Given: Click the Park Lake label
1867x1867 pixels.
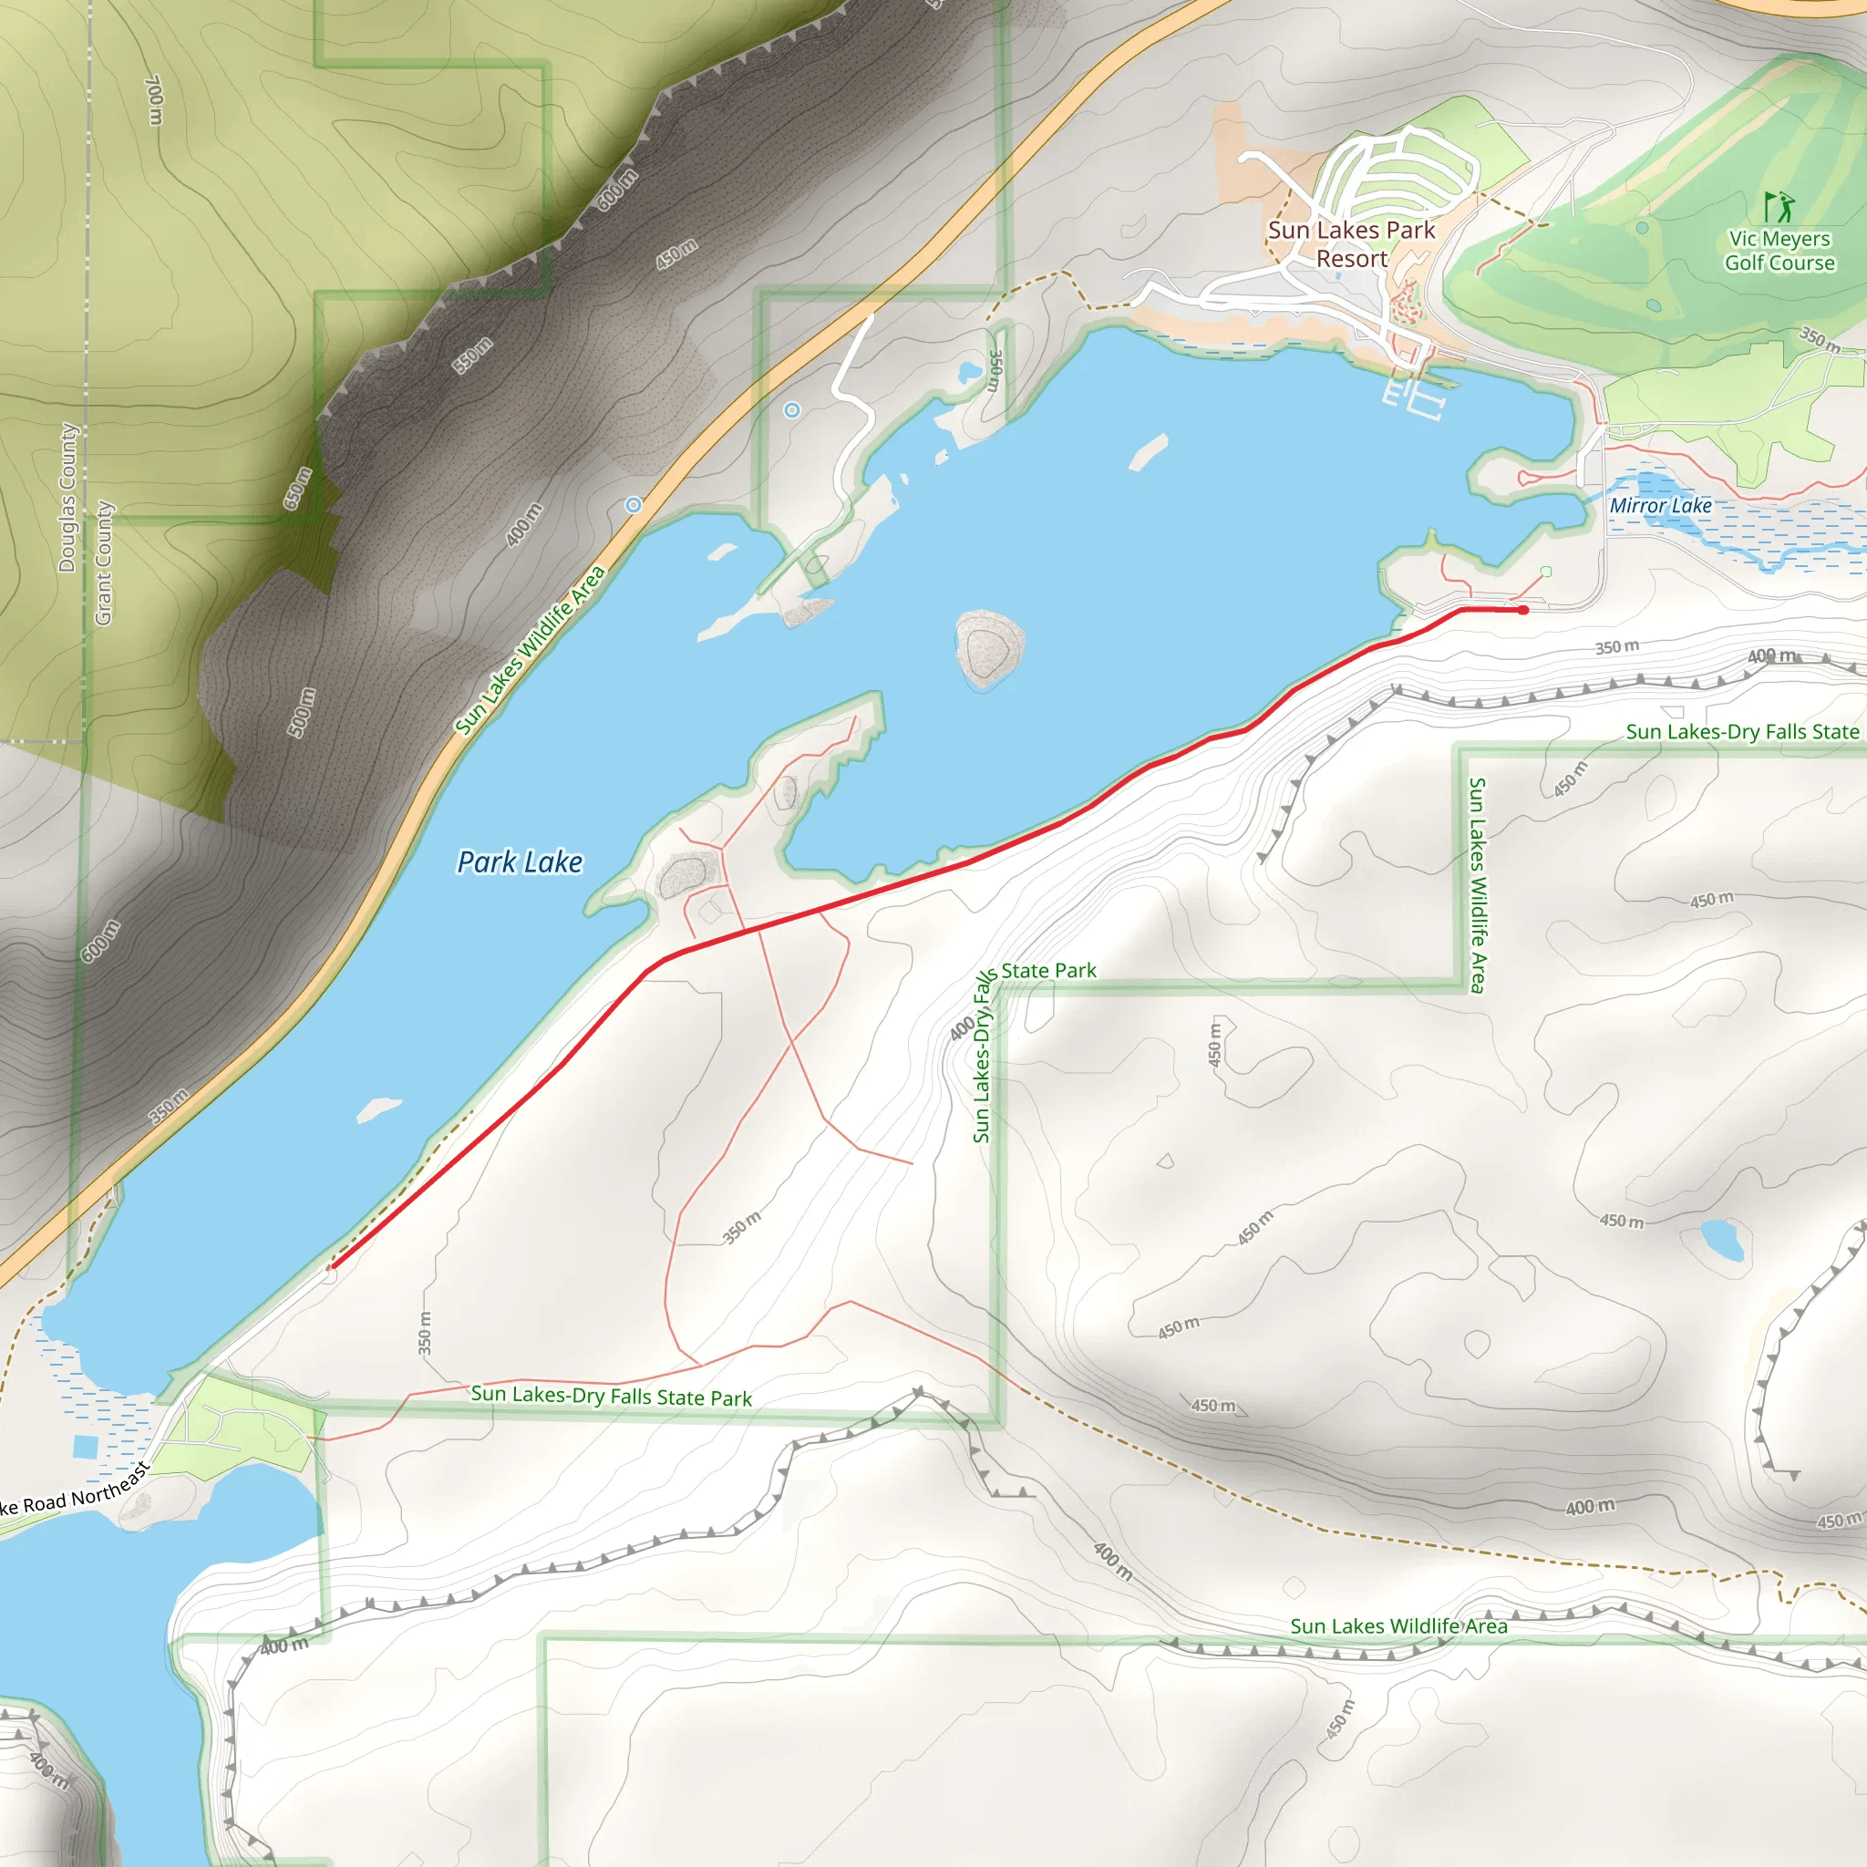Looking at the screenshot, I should coord(520,862).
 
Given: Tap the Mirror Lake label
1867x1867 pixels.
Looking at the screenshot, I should coord(1660,505).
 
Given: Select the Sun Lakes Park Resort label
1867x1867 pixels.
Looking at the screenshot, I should coord(1351,244).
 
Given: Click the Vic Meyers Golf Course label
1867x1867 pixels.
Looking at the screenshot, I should coord(1779,251).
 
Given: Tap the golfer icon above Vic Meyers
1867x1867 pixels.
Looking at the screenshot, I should coord(1778,207).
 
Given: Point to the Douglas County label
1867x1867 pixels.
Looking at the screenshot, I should coord(67,498).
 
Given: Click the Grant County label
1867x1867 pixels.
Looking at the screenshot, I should coord(103,562).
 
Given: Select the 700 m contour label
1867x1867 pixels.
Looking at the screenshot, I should coord(154,100).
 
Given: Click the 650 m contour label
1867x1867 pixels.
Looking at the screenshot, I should coord(297,488).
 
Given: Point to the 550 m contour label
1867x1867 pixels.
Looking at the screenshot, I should coord(472,356).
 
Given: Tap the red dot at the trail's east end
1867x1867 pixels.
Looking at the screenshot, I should coord(1523,610).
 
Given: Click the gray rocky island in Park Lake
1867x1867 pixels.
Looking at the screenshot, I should coord(988,646).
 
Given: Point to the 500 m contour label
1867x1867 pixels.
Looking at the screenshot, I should coord(303,712).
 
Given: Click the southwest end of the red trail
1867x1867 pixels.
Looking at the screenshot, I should coord(333,1266).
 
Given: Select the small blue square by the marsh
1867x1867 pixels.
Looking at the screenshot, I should coord(85,1447).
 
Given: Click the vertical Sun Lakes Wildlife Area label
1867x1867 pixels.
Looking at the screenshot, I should coord(1477,884).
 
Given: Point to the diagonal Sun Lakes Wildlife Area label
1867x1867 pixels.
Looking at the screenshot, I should coord(530,649).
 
